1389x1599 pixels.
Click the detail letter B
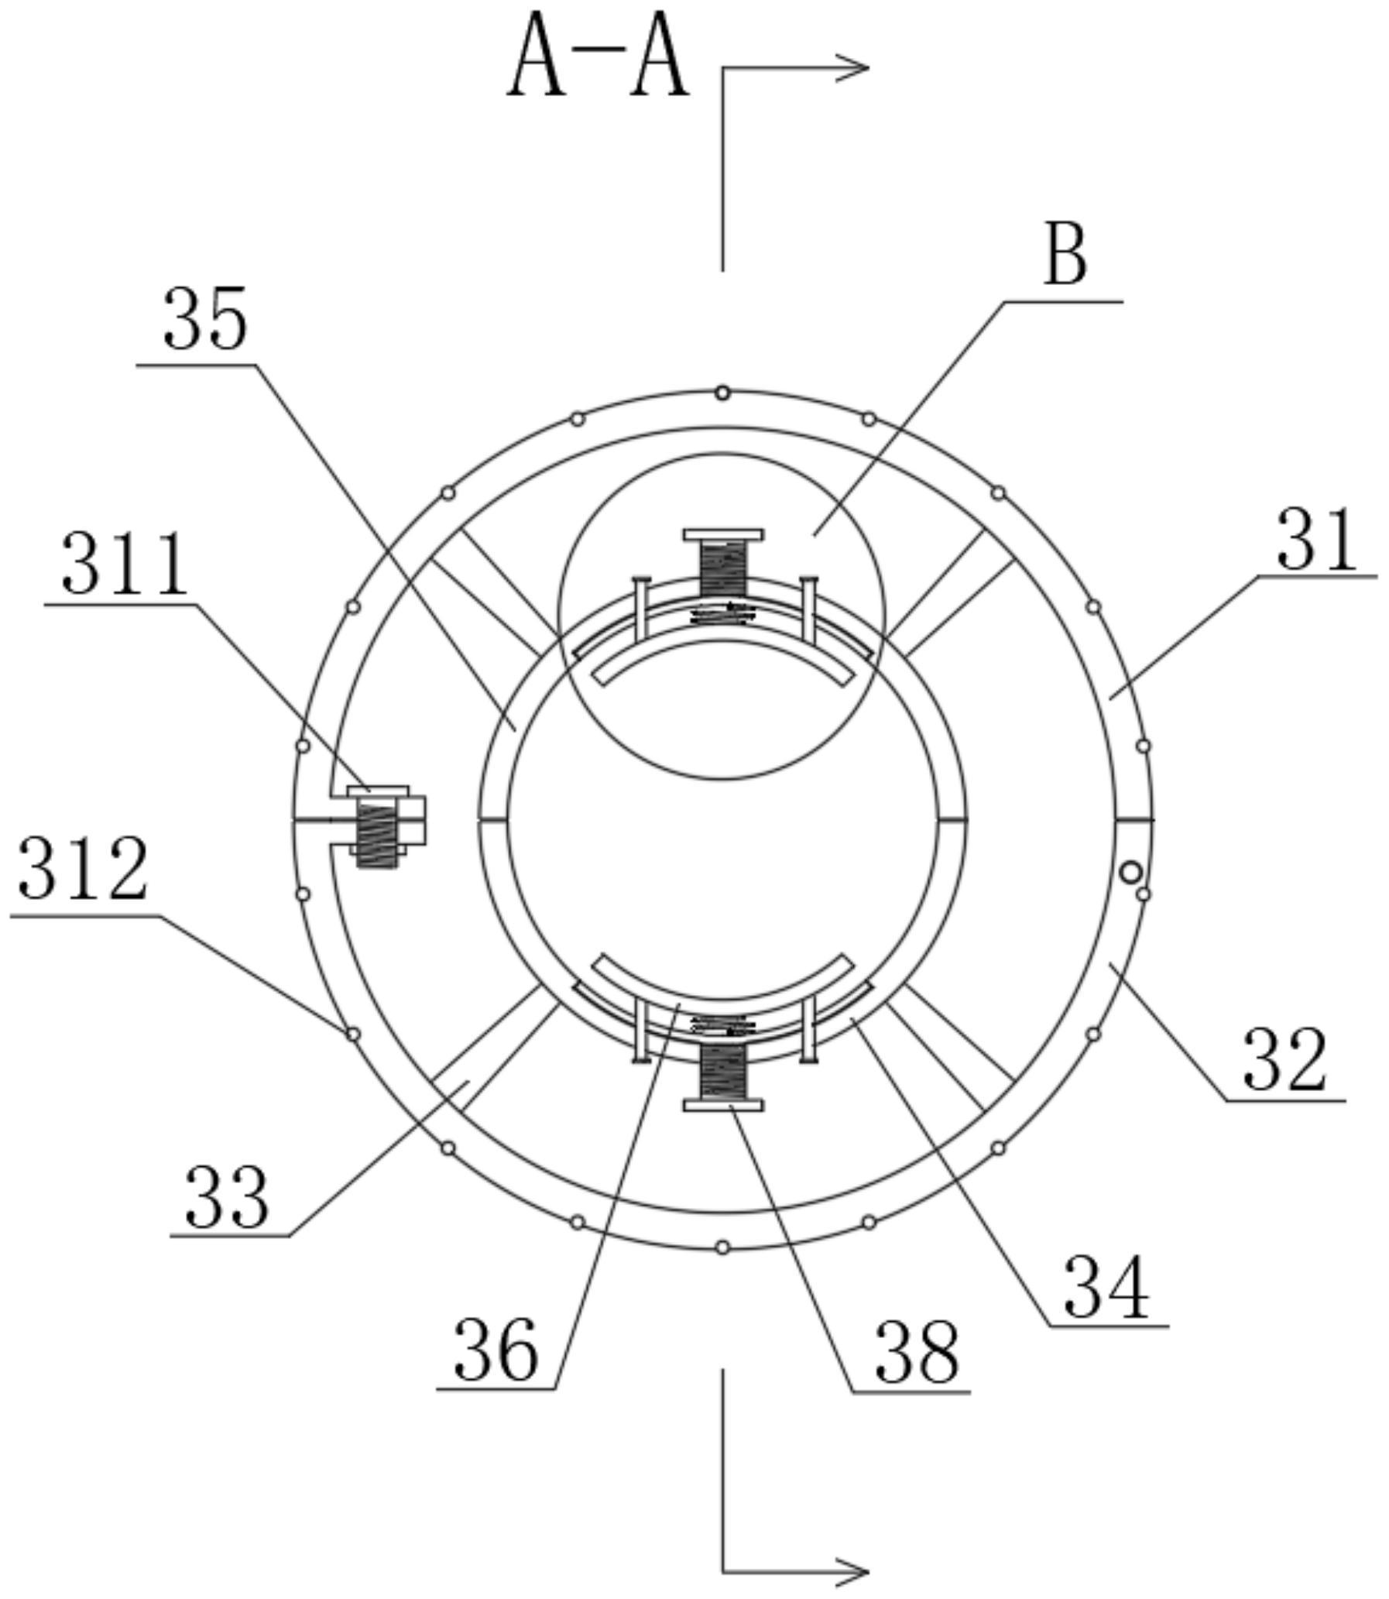click(1066, 254)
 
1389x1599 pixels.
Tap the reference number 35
click(204, 317)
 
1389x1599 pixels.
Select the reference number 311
click(124, 564)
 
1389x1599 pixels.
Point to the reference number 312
click(82, 869)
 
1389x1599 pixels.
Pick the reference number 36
click(496, 1351)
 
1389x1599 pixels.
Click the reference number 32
click(1284, 1061)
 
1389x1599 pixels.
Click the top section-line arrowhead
click(852, 68)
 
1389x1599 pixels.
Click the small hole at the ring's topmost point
click(722, 393)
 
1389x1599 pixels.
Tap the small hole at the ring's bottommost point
click(722, 1247)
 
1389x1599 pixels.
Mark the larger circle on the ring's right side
click(1131, 873)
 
